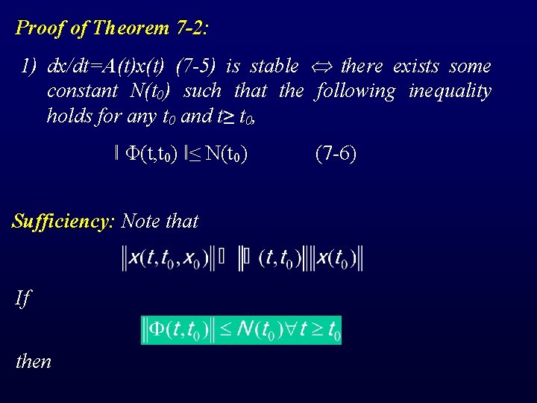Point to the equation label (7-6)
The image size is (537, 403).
coord(336,154)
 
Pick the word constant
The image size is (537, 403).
coord(82,91)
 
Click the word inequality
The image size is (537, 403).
coord(450,91)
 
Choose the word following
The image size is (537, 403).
coord(356,91)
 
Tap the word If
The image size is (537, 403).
coord(23,299)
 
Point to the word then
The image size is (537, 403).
coord(34,362)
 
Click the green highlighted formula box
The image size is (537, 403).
coord(241,330)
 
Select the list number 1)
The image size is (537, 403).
coord(29,66)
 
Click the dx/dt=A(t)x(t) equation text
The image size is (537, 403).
coord(106,66)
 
